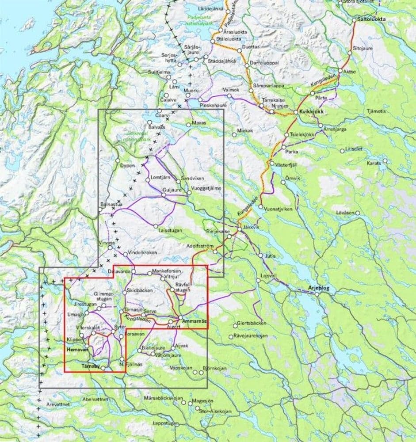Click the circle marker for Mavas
(189, 125)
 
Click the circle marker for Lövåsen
(358, 213)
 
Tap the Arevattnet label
(59, 404)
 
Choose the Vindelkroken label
(140, 253)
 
